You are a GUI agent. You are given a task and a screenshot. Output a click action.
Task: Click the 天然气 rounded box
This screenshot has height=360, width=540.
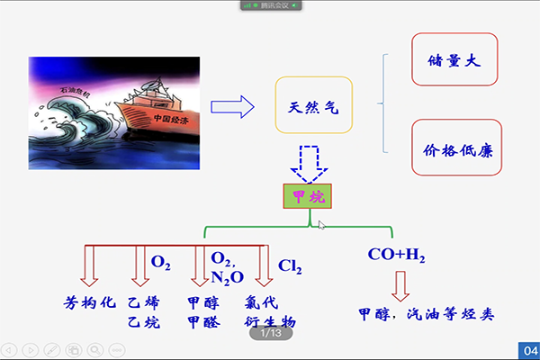(x=313, y=107)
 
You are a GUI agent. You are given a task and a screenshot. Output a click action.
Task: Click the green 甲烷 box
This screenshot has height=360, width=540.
(x=307, y=195)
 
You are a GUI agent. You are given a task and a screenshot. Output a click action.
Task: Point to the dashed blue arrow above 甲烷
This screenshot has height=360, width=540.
(x=309, y=161)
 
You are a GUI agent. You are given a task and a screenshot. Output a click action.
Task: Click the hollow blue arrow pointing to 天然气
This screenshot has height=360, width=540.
(x=233, y=107)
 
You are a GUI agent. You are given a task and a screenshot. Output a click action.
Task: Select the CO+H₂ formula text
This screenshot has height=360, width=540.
(x=396, y=255)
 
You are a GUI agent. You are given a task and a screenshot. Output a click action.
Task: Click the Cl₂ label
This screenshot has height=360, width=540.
(x=290, y=266)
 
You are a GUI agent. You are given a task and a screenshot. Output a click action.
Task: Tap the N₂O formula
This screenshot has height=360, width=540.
(x=227, y=277)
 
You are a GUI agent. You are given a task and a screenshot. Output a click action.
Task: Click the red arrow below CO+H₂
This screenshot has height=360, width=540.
(x=400, y=285)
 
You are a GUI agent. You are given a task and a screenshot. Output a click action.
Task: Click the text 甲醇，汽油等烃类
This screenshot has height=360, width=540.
(x=427, y=314)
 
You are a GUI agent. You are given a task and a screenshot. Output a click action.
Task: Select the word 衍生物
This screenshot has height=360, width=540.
(x=270, y=321)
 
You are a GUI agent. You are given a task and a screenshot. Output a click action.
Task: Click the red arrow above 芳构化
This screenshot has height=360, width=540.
(x=90, y=265)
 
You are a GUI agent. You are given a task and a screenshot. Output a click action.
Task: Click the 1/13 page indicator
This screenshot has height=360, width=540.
(x=271, y=334)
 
